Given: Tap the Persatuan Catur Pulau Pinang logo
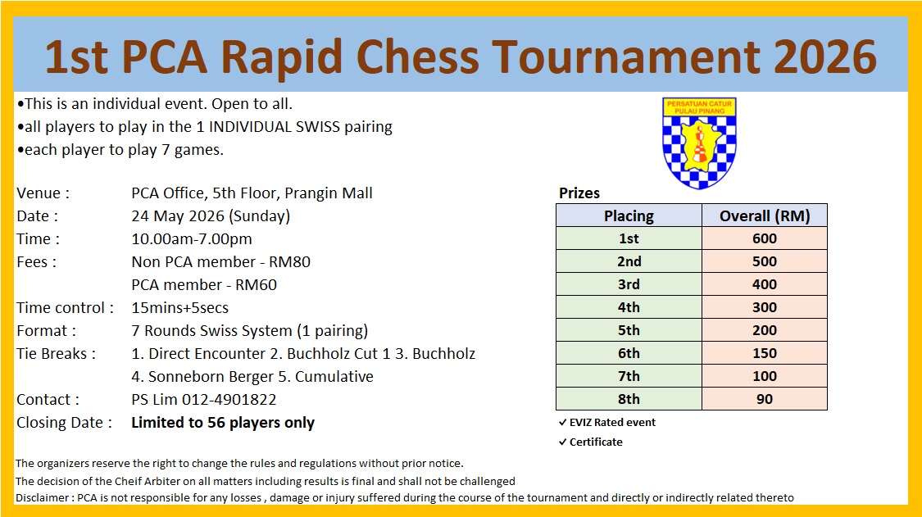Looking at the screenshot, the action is coord(699,143).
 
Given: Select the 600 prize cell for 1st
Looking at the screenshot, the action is coord(765,238).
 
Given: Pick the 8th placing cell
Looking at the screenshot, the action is coord(629,399).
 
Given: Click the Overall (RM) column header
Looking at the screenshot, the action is coord(765,215).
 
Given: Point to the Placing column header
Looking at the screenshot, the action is coord(629,215).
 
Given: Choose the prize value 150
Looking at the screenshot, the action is coord(765,353).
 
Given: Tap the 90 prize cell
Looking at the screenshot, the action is coord(765,399).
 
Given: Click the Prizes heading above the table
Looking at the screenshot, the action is coord(579,193).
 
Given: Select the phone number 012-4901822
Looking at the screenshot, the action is coord(229,399).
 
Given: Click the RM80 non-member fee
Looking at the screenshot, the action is coord(289,261).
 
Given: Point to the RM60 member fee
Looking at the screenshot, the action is coord(256,284).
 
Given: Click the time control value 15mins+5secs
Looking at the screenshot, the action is coord(180,307).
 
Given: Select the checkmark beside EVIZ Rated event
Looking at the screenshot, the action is coord(563,422).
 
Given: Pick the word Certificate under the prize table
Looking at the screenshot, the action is coord(596,442).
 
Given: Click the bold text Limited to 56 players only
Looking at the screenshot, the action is coord(223,422).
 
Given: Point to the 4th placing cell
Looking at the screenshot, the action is coord(629,307).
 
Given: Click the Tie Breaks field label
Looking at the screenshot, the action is coord(56,353).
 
